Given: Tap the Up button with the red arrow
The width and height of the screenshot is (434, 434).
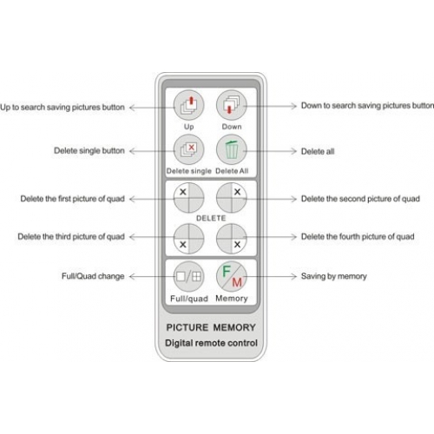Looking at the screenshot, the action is point(188,105).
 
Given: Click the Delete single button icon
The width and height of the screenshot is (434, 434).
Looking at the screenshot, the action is point(188,149).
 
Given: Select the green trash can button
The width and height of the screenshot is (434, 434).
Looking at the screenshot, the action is point(232,149).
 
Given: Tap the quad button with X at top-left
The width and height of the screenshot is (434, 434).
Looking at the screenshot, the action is point(188,198).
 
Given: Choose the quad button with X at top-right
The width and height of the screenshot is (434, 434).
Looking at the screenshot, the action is point(232,198).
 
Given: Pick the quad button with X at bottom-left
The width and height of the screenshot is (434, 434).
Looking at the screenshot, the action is point(188,239).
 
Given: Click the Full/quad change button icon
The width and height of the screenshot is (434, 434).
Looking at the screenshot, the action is point(188,276).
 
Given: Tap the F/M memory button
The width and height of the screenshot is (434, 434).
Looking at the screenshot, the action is point(232,276).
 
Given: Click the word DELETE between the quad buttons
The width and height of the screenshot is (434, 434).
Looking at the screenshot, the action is point(211,218).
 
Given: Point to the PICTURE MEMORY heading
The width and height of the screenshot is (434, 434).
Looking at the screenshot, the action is point(211,327).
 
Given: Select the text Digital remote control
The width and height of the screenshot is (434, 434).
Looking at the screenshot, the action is point(211,343).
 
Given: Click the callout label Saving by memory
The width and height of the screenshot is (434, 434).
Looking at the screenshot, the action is point(334,277).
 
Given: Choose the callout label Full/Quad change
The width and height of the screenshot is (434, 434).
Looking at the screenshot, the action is point(93,276).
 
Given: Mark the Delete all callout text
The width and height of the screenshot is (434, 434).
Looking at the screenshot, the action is point(318,151).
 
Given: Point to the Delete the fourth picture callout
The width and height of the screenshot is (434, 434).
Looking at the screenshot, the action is point(358,237).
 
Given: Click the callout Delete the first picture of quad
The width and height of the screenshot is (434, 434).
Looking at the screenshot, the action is point(72,199).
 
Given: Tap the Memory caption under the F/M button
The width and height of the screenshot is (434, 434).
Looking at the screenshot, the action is point(232,299).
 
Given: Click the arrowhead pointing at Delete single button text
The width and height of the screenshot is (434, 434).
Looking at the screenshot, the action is point(132,151).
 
